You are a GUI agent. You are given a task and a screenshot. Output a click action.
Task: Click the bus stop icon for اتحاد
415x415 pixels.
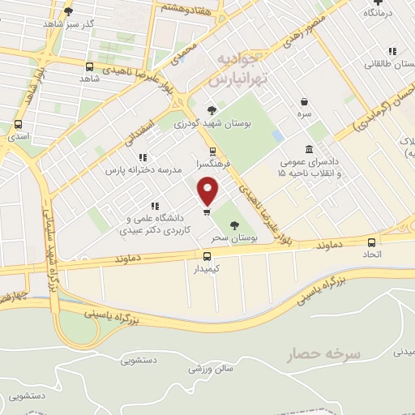tap(371, 242)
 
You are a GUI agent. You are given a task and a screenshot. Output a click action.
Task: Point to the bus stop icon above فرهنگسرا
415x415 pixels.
tap(212, 151)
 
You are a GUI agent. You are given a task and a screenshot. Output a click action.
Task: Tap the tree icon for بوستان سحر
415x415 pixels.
tap(235, 226)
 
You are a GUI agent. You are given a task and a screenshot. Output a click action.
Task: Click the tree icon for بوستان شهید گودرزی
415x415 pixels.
tap(212, 110)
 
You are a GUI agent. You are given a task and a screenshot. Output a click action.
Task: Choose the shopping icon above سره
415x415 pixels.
tap(304, 102)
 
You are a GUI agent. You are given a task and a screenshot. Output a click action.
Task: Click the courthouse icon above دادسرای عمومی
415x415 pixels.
tap(310, 148)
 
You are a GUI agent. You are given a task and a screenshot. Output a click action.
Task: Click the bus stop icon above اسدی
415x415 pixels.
tap(18, 125)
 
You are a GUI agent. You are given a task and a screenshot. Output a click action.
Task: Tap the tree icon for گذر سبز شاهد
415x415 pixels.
tap(68, 11)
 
